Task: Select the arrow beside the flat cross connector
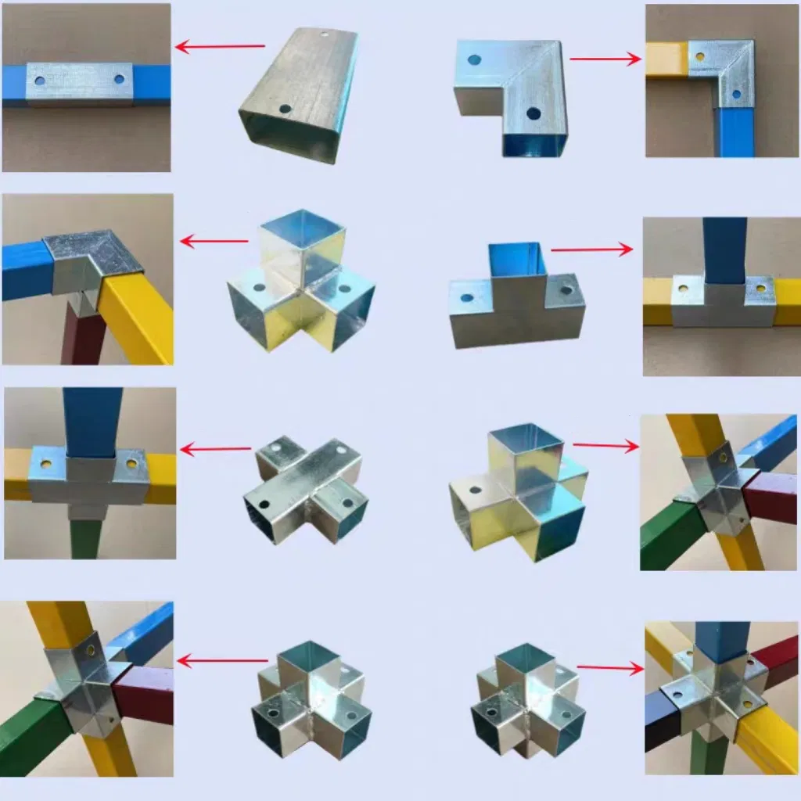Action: (x=215, y=449)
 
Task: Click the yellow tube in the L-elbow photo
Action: (x=666, y=59)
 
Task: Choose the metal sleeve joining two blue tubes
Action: (x=78, y=82)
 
